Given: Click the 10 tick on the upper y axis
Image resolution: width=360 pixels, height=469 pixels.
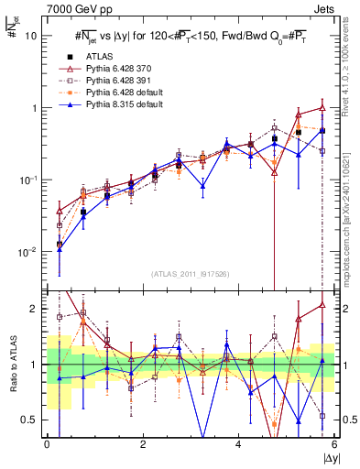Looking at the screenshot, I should [x=32, y=36].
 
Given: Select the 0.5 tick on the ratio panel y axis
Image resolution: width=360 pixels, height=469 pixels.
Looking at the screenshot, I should [x=32, y=420].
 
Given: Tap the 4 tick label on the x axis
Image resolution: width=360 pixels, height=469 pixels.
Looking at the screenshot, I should [x=238, y=444].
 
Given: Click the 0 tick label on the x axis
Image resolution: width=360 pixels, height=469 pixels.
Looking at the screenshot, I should [x=47, y=444].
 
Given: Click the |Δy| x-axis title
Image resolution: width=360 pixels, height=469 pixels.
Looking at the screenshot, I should [x=327, y=457].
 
